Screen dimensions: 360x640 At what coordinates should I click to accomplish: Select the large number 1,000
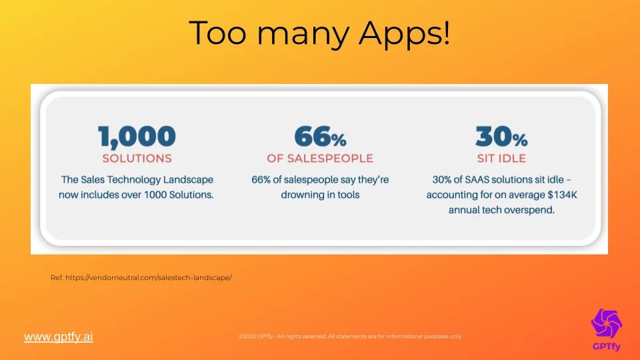(x=137, y=137)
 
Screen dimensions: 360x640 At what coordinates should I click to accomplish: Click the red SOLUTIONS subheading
(x=137, y=159)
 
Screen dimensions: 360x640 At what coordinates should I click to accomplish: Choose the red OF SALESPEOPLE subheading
(x=320, y=159)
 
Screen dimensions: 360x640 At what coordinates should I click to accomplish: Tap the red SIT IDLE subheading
(x=501, y=159)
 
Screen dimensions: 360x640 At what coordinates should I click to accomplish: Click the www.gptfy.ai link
(x=59, y=337)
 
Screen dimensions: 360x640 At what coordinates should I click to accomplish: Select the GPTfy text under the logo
(x=607, y=347)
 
